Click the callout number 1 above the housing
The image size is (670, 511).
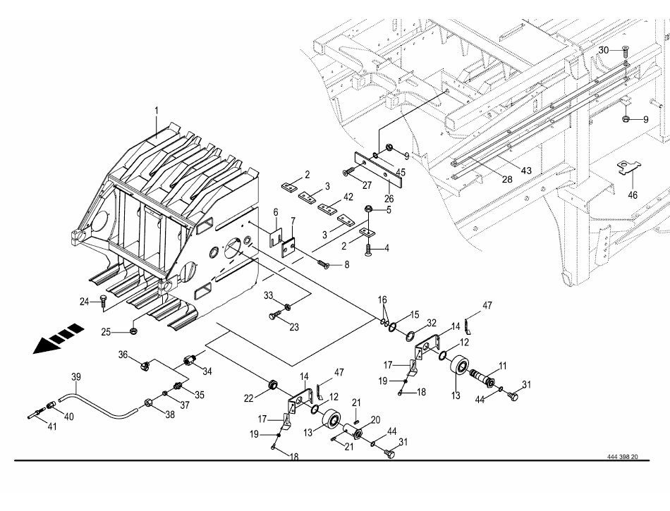[x=157, y=110]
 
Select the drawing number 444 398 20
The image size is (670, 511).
[x=622, y=457]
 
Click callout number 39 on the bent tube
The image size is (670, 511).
[x=76, y=377]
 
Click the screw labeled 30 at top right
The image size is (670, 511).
[x=626, y=50]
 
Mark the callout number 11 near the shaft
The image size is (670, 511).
[x=503, y=364]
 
